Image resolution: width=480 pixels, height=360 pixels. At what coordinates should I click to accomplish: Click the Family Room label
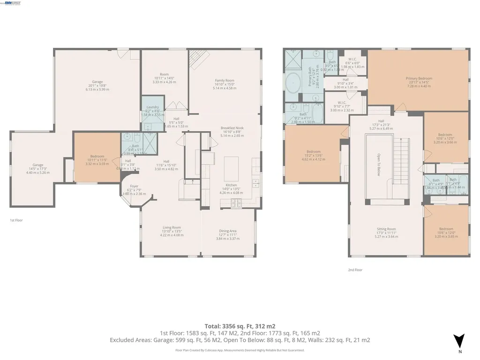[224, 81]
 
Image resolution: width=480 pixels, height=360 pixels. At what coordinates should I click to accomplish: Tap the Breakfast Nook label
[232, 128]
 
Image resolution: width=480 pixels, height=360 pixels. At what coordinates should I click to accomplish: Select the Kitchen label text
[225, 185]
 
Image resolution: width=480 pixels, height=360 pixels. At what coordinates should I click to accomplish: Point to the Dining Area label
[227, 231]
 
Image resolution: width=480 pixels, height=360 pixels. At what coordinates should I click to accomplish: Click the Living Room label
[172, 227]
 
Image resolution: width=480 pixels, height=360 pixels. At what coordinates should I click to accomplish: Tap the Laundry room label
[153, 107]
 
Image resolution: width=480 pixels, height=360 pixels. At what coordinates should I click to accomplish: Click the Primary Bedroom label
[419, 78]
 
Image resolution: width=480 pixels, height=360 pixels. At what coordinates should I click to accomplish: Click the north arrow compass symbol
[460, 339]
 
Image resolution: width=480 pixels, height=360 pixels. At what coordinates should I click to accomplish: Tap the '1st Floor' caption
[16, 220]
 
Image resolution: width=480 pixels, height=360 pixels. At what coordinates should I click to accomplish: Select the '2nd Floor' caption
[355, 270]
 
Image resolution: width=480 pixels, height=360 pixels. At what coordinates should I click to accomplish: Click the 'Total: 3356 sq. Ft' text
[240, 326]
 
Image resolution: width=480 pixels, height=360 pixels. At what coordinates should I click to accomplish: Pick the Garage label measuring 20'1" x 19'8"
[97, 82]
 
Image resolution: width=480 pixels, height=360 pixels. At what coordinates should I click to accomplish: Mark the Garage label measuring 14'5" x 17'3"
[38, 165]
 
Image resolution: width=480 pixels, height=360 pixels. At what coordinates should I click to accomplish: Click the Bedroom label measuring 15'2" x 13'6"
[314, 152]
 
